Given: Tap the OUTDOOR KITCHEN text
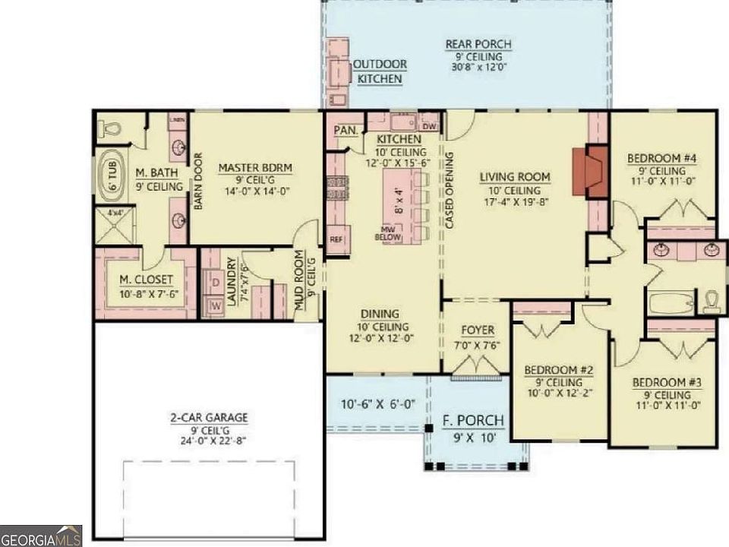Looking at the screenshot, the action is pyautogui.click(x=380, y=71).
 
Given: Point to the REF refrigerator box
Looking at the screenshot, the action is pyautogui.click(x=336, y=239).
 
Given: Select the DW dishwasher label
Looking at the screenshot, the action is pyautogui.click(x=429, y=127).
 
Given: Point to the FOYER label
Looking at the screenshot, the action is pyautogui.click(x=478, y=330).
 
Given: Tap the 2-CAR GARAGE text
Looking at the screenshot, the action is pyautogui.click(x=209, y=418).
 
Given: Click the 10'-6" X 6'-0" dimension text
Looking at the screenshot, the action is pyautogui.click(x=377, y=404).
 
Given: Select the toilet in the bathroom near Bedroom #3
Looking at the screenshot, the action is pyautogui.click(x=711, y=302).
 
